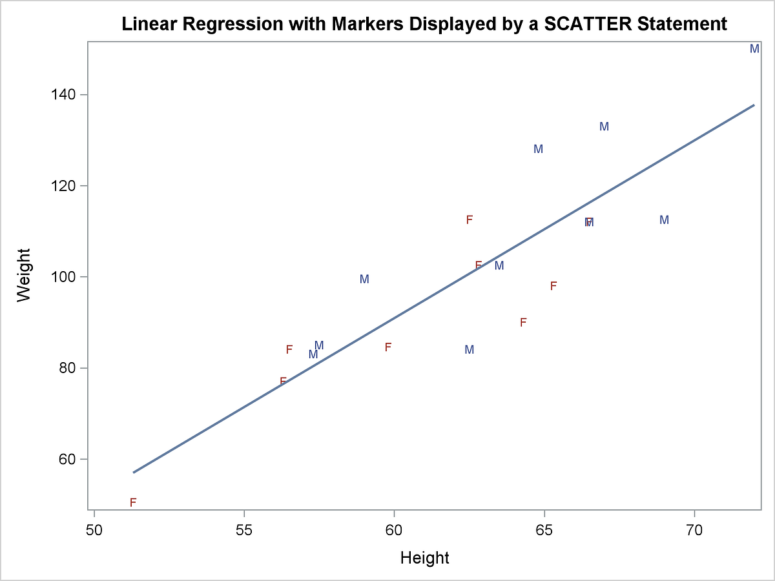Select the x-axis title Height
pyautogui.click(x=424, y=558)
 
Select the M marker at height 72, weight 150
pyautogui.click(x=754, y=49)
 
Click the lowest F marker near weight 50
pyautogui.click(x=133, y=502)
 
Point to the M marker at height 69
pyautogui.click(x=664, y=220)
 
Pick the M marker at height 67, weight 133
pyautogui.click(x=604, y=127)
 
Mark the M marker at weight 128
pyautogui.click(x=538, y=149)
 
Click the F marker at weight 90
pyautogui.click(x=523, y=322)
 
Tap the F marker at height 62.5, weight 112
pyautogui.click(x=470, y=219)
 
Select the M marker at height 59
pyautogui.click(x=364, y=280)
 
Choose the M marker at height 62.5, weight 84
pyautogui.click(x=470, y=350)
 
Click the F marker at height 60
pyautogui.click(x=388, y=347)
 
